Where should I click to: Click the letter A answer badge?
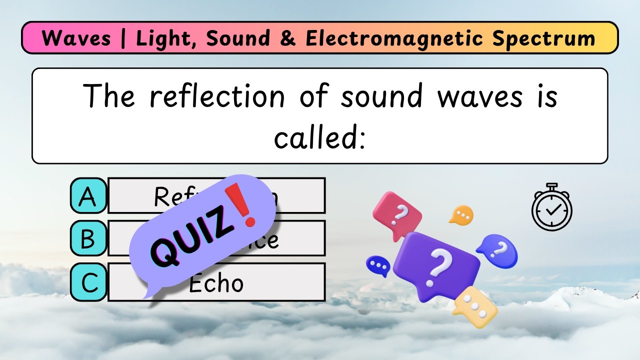(x=88, y=196)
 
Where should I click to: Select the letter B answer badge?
(x=88, y=238)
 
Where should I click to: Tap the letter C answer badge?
(x=88, y=282)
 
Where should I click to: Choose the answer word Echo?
(x=216, y=283)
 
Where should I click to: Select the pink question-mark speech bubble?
(x=398, y=213)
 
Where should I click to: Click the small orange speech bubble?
(x=461, y=215)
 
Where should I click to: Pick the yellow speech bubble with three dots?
(x=474, y=306)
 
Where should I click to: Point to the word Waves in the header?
(x=76, y=38)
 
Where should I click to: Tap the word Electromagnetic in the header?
(x=394, y=38)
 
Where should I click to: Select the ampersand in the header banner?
(x=288, y=38)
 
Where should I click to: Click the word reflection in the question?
(x=216, y=96)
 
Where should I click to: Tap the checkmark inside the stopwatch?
(x=552, y=210)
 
